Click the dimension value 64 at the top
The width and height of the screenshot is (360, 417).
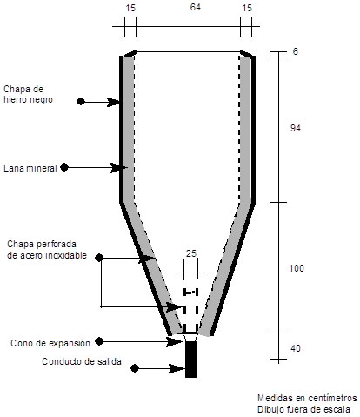tap(196, 7)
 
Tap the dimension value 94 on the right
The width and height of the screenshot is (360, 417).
tap(296, 128)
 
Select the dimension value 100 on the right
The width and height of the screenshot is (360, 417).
tap(297, 268)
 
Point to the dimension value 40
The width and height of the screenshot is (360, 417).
tap(296, 348)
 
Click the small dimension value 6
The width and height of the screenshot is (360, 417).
tap(295, 51)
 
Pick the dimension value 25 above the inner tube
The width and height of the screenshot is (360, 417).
tap(191, 253)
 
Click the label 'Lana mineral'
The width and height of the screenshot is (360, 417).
tap(30, 168)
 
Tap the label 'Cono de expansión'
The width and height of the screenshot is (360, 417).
tap(50, 343)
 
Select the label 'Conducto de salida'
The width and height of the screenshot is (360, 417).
tap(82, 361)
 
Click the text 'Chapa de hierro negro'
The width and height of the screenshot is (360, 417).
tap(28, 94)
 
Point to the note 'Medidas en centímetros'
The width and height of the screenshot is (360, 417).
tap(307, 398)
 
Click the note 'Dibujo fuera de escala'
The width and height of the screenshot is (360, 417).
tap(303, 410)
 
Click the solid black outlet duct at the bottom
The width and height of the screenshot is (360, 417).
tap(190, 360)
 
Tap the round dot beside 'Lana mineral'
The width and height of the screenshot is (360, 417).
tap(64, 167)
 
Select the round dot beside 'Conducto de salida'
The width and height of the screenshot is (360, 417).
tap(135, 368)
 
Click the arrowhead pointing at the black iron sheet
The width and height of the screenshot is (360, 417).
tap(114, 102)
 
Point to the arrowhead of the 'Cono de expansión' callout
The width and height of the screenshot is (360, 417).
tap(175, 341)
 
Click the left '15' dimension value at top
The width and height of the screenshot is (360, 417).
tap(130, 8)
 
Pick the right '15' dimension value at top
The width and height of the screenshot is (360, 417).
tap(247, 8)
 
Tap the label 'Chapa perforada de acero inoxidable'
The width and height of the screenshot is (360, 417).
tap(47, 250)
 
